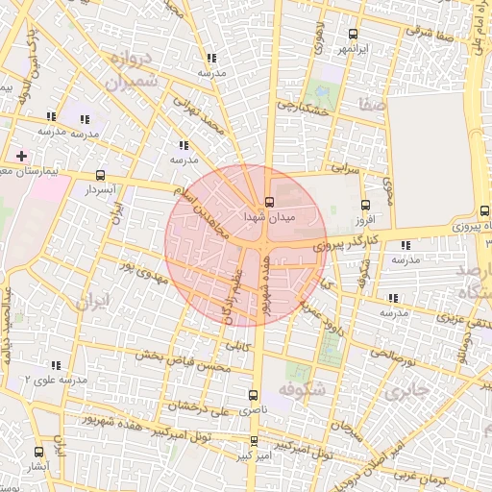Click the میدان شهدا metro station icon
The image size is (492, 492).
pyautogui.click(x=268, y=203)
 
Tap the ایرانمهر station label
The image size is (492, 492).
pyautogui.click(x=353, y=48)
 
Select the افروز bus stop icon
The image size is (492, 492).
pyautogui.click(x=364, y=205)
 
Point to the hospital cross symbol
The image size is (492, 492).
pyautogui.click(x=21, y=155)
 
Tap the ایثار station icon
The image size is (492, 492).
pyautogui.click(x=38, y=452)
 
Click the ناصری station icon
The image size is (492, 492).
pyautogui.click(x=254, y=394)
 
